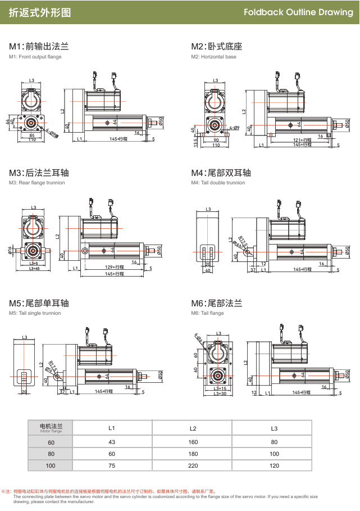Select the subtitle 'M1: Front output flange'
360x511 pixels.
(35, 57)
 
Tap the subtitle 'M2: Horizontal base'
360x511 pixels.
(214, 57)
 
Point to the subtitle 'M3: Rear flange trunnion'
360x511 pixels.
(37, 183)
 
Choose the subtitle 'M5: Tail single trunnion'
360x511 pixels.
(35, 313)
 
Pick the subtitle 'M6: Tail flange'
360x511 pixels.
(207, 313)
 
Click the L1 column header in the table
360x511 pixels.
(112, 428)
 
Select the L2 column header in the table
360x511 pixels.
(193, 428)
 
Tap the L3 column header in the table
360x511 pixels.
(274, 428)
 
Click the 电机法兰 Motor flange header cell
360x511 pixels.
(51, 428)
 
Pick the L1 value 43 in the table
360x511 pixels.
(112, 441)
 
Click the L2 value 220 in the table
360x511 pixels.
(193, 465)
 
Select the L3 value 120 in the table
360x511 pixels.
(274, 465)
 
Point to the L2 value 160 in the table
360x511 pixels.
(193, 441)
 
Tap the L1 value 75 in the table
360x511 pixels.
(112, 465)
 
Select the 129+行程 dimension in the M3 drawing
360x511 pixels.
(115, 266)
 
